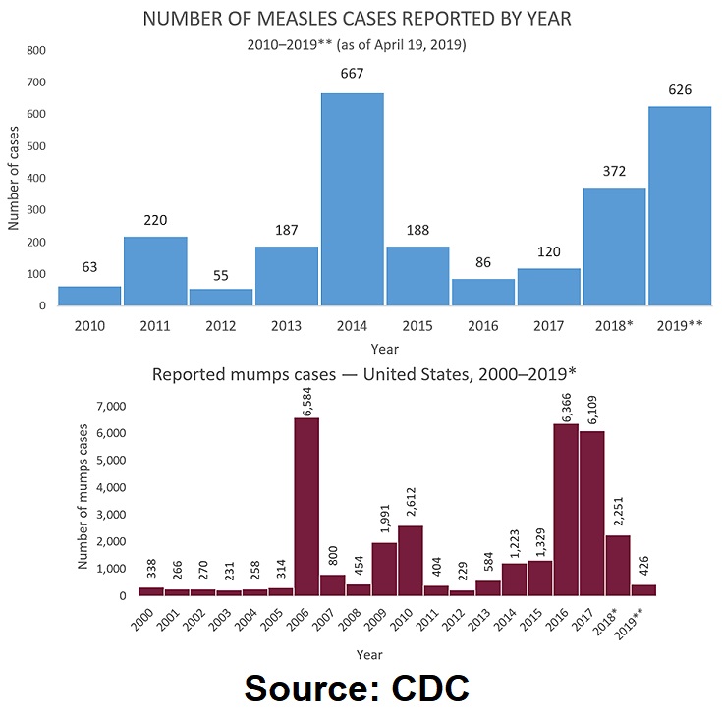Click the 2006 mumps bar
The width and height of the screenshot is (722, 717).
[x=306, y=507]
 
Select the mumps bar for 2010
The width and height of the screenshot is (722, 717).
[x=411, y=561]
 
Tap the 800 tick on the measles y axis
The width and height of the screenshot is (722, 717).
[x=34, y=50]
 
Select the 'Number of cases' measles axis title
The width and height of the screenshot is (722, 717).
[x=14, y=177]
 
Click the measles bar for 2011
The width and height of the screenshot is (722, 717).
[x=155, y=271]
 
